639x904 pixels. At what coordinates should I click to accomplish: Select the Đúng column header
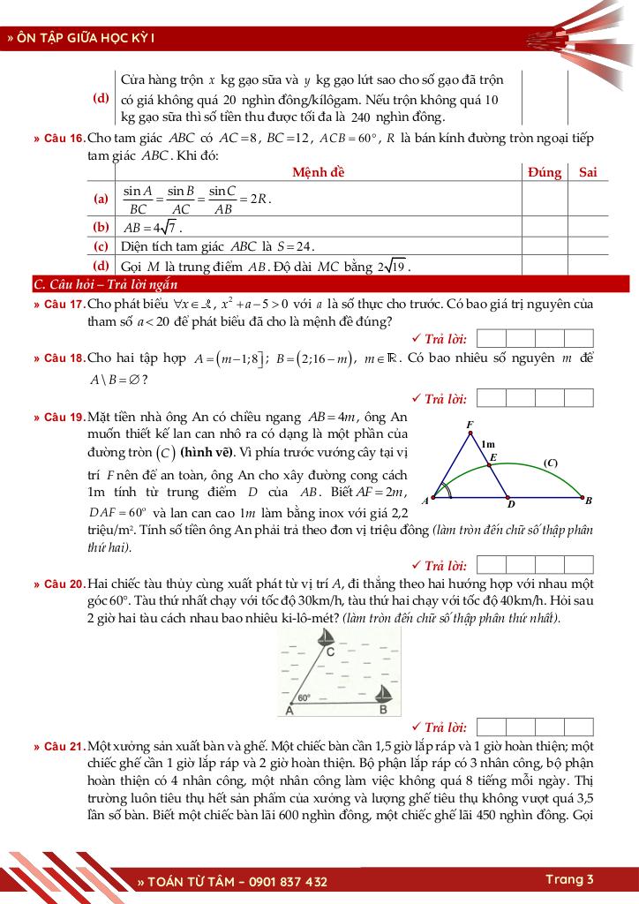click(x=545, y=172)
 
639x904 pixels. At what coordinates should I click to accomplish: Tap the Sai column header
click(x=588, y=172)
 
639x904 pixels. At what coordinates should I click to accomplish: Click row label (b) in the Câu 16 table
click(x=101, y=227)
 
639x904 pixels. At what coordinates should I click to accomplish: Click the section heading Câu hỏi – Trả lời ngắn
click(x=105, y=284)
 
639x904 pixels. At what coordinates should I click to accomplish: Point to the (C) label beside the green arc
click(x=551, y=463)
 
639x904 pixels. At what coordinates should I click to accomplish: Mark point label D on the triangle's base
click(x=510, y=507)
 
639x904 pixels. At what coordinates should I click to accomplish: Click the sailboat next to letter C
click(x=326, y=637)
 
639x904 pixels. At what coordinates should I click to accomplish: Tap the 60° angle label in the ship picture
click(x=304, y=697)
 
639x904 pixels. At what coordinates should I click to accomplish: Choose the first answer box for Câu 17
click(x=490, y=338)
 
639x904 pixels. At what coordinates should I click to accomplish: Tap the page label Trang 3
click(x=569, y=879)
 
